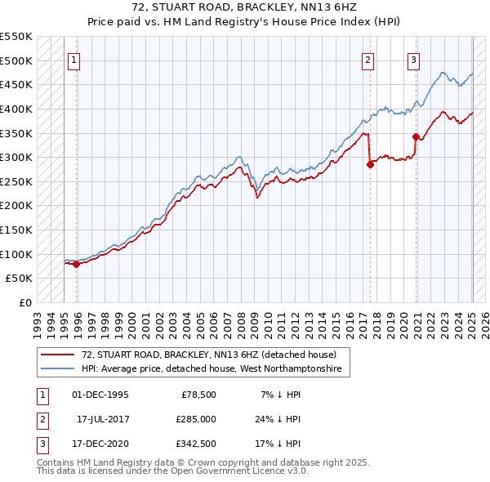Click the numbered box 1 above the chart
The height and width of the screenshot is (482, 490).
click(73, 59)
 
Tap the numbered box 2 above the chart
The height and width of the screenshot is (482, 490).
click(368, 59)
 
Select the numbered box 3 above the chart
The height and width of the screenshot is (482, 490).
click(414, 59)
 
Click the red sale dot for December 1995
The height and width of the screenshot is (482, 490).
click(76, 264)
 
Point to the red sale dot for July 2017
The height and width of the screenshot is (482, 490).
click(370, 164)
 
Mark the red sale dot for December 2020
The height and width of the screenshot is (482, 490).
click(416, 136)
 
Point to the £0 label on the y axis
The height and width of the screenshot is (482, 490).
click(24, 302)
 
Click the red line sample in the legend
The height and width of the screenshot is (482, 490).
click(56, 355)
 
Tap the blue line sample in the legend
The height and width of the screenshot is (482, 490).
click(56, 369)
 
